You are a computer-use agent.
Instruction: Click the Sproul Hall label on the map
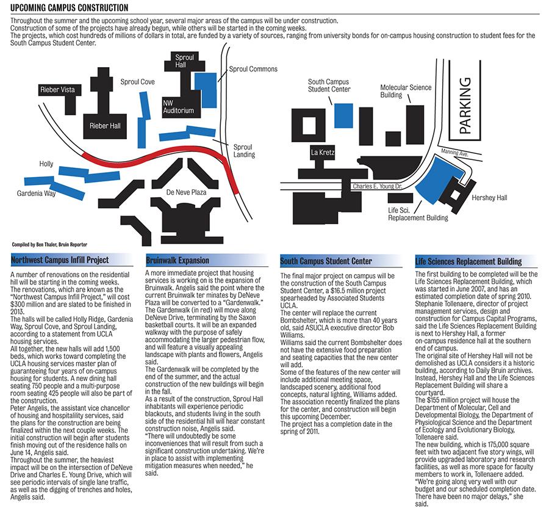[x=184, y=61]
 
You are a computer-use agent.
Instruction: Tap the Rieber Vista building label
[x=57, y=90]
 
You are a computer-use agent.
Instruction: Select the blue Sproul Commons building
[x=206, y=90]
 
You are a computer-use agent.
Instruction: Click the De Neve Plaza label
[x=186, y=192]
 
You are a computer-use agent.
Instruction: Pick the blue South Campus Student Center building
[x=343, y=115]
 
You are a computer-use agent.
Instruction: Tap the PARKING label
[x=465, y=106]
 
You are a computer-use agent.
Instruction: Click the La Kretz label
[x=323, y=153]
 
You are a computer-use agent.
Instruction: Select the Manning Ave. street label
[x=454, y=153]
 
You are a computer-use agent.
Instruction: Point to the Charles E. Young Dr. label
[x=377, y=186]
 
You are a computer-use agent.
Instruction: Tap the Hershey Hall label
[x=489, y=198]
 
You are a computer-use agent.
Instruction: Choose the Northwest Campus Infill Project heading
[x=60, y=259]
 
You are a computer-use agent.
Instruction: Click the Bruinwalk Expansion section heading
[x=177, y=260]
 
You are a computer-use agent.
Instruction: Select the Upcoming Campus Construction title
[x=70, y=7]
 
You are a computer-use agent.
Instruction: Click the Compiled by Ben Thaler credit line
[x=49, y=244]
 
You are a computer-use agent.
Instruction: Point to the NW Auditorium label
[x=178, y=107]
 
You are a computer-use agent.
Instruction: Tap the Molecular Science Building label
[x=406, y=91]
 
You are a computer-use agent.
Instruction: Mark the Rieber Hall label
[x=105, y=126]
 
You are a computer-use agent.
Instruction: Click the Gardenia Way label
[x=36, y=193]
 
